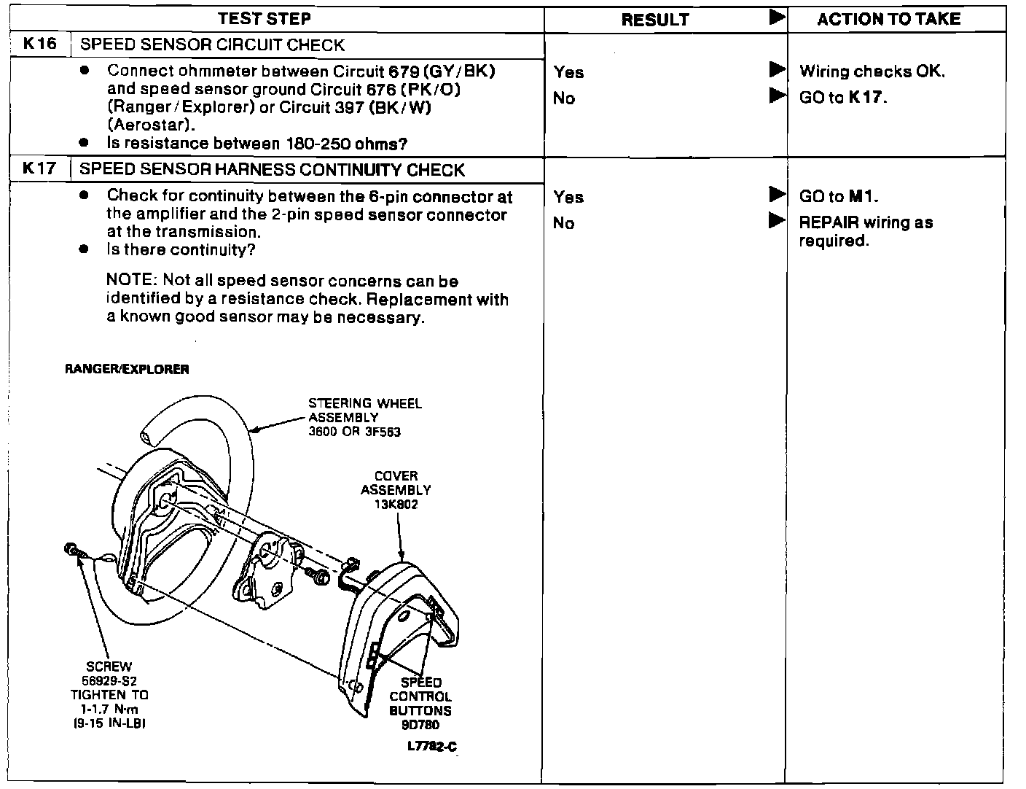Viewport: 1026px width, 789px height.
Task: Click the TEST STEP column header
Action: (265, 18)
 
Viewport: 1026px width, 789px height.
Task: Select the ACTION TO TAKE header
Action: (888, 19)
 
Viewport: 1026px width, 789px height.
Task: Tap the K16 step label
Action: (39, 44)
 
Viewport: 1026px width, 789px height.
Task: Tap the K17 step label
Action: (39, 168)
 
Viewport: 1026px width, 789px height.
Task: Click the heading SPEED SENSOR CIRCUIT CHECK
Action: (211, 45)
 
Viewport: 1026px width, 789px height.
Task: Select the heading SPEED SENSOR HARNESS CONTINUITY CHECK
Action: (271, 170)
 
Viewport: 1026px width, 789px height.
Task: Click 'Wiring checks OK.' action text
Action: (872, 71)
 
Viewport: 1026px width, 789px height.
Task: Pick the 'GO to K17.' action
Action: (843, 98)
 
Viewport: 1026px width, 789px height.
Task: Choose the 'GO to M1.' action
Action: (839, 196)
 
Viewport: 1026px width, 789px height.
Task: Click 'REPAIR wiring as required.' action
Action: (865, 231)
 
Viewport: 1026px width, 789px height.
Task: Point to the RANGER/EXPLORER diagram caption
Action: (127, 369)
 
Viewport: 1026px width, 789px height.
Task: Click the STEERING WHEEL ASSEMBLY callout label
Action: (364, 417)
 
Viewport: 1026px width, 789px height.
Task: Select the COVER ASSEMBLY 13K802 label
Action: (396, 489)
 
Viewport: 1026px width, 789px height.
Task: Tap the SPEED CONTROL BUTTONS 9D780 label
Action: (420, 703)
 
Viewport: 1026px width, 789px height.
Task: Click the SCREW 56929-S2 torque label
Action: (109, 694)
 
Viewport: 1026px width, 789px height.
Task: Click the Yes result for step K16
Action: (568, 72)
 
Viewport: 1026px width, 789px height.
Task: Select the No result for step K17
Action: (564, 223)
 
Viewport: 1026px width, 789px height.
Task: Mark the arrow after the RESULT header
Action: (777, 18)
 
